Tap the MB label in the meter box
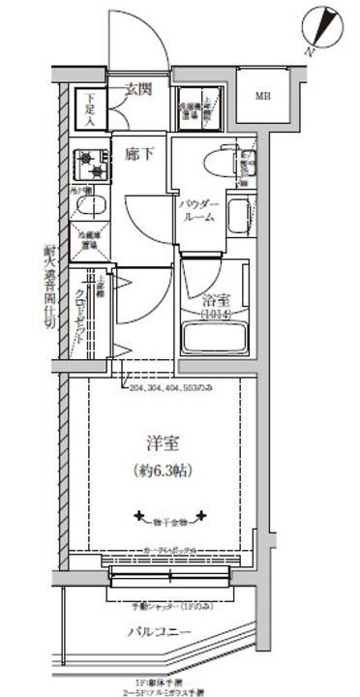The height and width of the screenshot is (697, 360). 262,97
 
